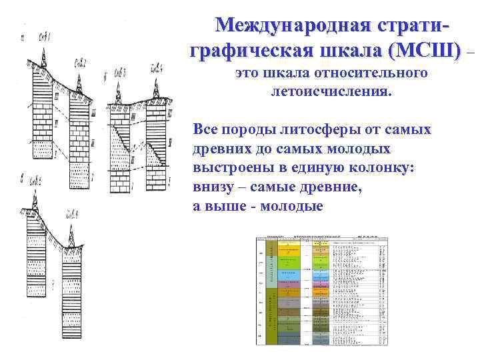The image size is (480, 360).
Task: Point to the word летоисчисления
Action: tap(328, 90)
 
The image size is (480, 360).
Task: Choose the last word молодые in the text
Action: tap(291, 207)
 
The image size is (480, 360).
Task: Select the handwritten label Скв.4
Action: tap(157, 67)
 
